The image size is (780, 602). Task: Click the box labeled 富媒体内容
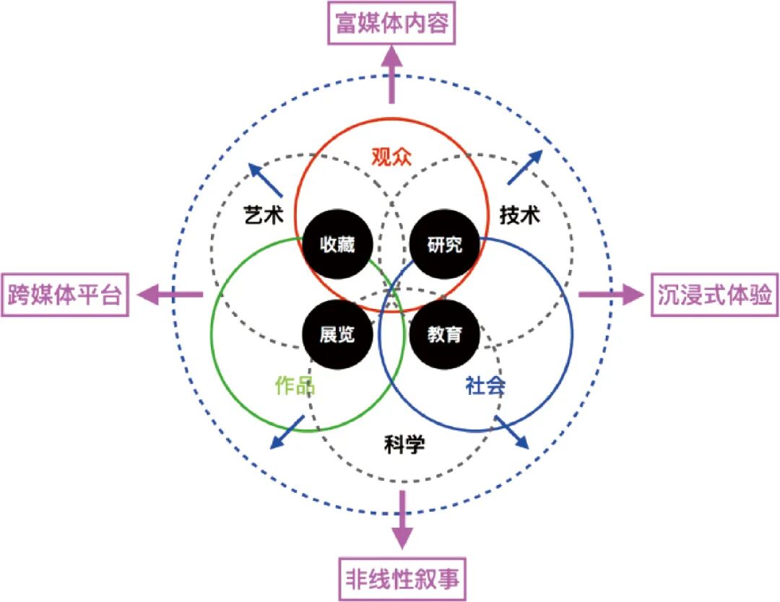click(x=392, y=24)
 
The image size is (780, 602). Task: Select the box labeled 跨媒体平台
click(x=65, y=295)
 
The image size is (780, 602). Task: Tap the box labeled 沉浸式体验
click(x=715, y=295)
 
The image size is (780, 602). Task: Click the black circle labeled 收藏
click(x=338, y=245)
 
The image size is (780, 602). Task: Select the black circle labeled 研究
click(x=444, y=245)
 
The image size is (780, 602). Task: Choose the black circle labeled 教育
click(x=444, y=334)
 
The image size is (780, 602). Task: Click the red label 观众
click(x=391, y=157)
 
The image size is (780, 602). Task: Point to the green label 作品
click(x=295, y=386)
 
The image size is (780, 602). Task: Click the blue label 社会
click(x=485, y=386)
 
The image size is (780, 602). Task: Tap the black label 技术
click(x=520, y=214)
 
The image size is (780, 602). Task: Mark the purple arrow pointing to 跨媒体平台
click(x=170, y=295)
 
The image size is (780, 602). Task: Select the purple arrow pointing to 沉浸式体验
click(x=610, y=295)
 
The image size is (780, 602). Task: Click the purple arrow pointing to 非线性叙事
click(x=402, y=520)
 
